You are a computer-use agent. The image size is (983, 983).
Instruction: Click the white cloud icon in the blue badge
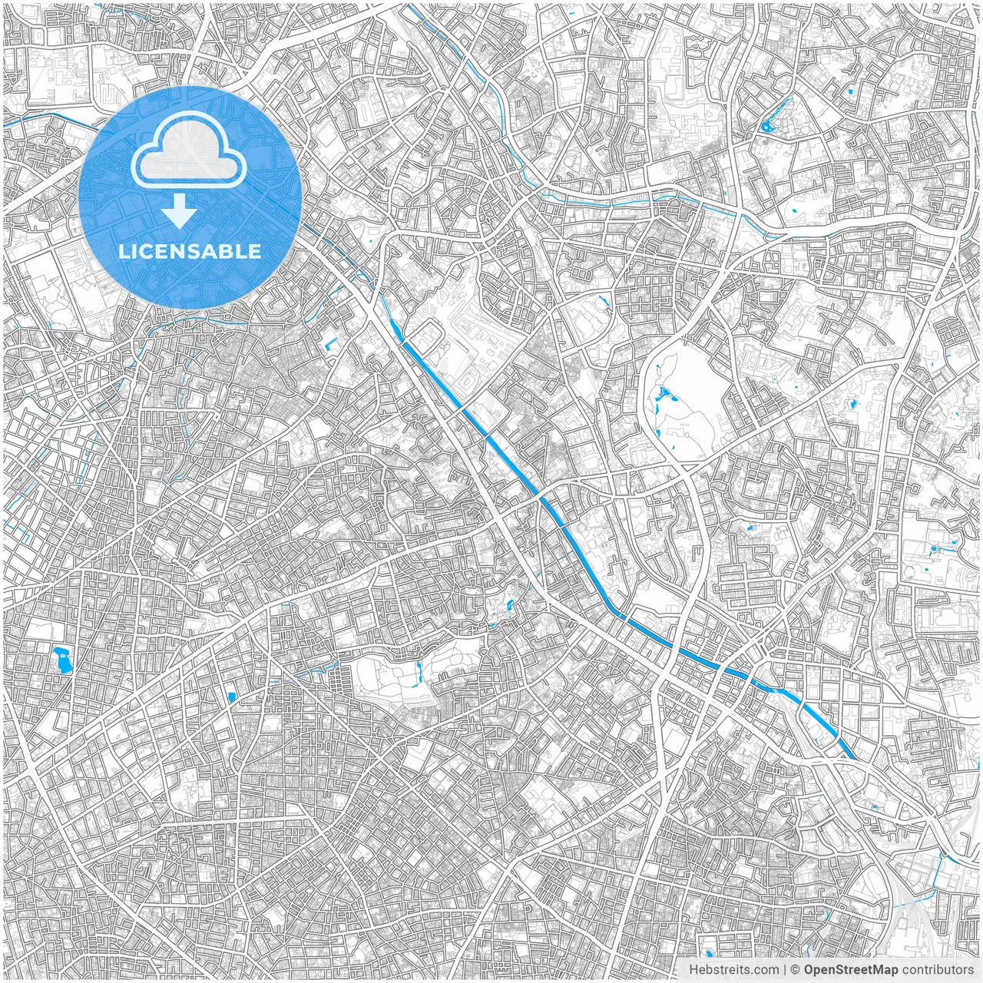point(188,158)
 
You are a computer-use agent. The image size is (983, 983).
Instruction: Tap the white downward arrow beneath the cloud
point(180,211)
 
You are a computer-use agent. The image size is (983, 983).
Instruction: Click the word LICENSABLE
point(190,251)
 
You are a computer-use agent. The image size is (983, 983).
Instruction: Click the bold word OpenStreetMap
point(851,970)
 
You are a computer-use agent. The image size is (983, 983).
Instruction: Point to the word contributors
point(938,970)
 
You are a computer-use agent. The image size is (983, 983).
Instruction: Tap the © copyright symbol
point(796,970)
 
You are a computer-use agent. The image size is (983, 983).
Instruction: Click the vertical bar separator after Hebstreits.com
point(784,970)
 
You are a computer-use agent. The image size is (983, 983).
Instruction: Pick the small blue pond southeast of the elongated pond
point(231,697)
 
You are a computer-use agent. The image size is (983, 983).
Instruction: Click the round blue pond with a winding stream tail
point(766,126)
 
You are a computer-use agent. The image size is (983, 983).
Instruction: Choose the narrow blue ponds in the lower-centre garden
point(419,673)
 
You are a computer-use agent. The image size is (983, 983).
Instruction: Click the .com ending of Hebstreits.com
point(766,970)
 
